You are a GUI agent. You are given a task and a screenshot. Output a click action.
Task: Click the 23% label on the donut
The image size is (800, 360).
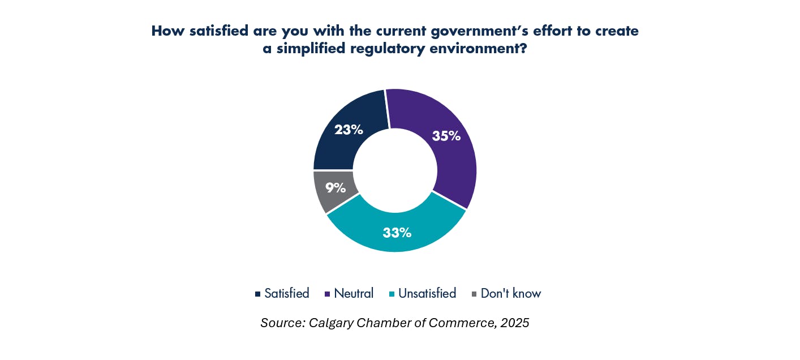[349, 130]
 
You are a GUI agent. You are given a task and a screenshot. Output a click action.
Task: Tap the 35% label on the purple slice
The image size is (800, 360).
[446, 136]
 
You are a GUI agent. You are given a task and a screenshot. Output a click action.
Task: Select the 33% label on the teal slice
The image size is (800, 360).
[397, 232]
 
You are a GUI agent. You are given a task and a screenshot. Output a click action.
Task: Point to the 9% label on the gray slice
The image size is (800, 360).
[336, 187]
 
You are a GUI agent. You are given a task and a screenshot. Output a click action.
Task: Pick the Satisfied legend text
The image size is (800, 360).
[287, 293]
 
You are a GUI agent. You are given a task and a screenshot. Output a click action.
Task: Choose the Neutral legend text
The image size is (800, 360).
[354, 293]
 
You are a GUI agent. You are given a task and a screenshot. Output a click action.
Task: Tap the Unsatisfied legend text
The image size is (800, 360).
[427, 293]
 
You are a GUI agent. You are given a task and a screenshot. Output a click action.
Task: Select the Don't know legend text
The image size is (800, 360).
[511, 293]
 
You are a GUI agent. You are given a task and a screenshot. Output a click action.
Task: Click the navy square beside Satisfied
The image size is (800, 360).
[258, 294]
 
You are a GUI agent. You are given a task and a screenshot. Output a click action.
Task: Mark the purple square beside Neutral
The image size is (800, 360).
[328, 294]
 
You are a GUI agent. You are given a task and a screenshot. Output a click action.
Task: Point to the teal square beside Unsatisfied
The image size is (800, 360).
[392, 294]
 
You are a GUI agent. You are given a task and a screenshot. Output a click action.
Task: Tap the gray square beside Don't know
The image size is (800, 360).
[474, 294]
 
